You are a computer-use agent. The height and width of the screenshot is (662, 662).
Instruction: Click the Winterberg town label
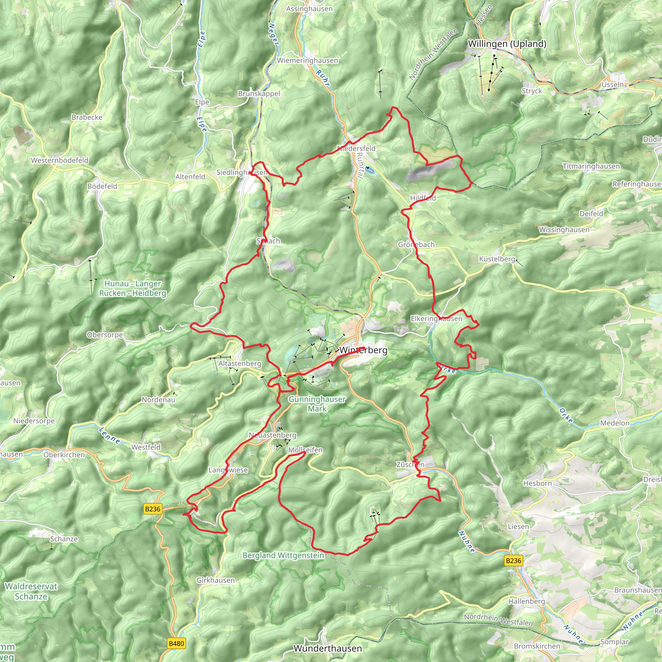pyautogui.click(x=363, y=350)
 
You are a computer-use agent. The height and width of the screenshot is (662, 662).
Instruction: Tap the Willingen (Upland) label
pyautogui.click(x=507, y=44)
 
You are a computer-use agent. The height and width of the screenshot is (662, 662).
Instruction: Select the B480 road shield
pyautogui.click(x=176, y=644)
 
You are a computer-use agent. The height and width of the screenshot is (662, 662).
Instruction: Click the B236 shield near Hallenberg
pyautogui.click(x=513, y=561)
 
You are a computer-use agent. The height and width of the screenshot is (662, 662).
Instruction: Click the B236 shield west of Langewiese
pyautogui.click(x=153, y=509)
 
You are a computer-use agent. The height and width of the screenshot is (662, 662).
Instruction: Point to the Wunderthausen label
pyautogui.click(x=327, y=648)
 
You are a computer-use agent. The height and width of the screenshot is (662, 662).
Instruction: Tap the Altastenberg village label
pyautogui.click(x=240, y=363)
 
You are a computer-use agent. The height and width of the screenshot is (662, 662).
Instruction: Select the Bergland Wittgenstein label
pyautogui.click(x=283, y=555)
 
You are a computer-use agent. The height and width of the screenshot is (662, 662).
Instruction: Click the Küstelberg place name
pyautogui.click(x=497, y=259)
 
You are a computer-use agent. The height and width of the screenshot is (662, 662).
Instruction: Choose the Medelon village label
pyautogui.click(x=615, y=423)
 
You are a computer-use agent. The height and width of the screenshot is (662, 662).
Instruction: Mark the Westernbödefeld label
pyautogui.click(x=59, y=160)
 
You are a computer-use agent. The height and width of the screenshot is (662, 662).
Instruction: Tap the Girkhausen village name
pyautogui.click(x=216, y=581)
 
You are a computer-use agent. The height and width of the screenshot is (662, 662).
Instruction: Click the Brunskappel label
pyautogui.click(x=259, y=93)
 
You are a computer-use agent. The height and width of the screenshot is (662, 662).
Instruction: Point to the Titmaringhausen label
pyautogui.click(x=591, y=166)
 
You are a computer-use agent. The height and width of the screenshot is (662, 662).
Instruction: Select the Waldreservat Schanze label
pyautogui.click(x=31, y=592)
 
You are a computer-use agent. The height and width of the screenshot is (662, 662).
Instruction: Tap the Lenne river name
pyautogui.click(x=109, y=435)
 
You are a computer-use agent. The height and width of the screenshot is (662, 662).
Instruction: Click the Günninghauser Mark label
pyautogui.click(x=317, y=404)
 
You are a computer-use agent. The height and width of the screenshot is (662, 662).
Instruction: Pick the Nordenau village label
pyautogui.click(x=158, y=400)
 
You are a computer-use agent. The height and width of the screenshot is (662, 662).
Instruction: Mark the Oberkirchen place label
pyautogui.click(x=64, y=455)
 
